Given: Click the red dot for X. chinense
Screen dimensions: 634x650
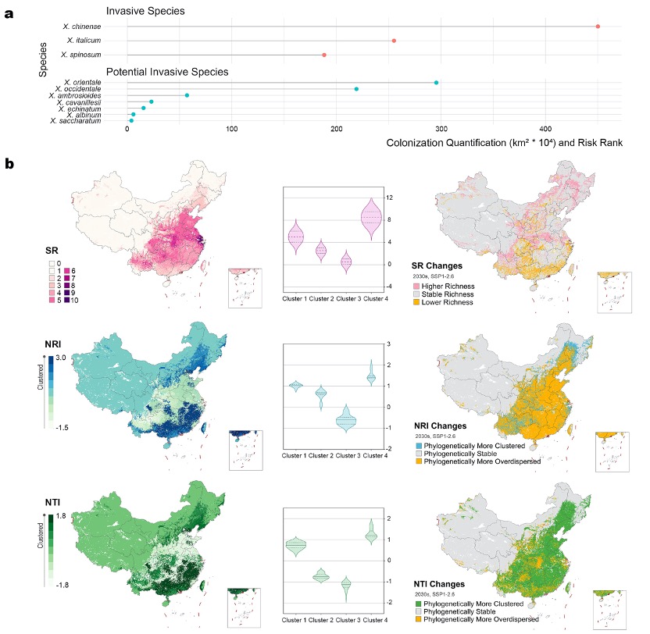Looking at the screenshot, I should pos(598,27).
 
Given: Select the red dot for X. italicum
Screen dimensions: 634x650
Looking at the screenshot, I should pos(394,40).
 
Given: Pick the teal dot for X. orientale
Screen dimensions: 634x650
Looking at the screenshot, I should pos(436,82).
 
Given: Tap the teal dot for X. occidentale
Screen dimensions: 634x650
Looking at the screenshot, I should pos(356,89).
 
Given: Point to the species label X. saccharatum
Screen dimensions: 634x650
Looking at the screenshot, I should pos(75,121).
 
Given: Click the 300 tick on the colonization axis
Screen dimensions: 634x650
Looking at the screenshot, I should pos(441,130).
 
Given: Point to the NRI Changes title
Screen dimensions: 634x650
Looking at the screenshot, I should pos(441,426).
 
